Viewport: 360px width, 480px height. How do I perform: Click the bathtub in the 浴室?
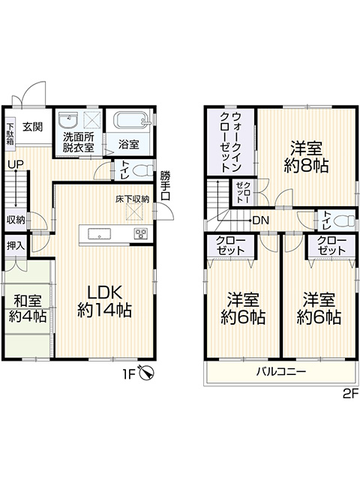point(132,121)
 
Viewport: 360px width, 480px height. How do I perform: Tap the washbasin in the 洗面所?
point(68,120)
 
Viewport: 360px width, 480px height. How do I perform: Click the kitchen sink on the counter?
point(100,234)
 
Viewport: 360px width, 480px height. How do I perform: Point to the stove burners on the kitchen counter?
point(141,234)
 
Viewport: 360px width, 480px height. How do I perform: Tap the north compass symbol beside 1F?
point(147,373)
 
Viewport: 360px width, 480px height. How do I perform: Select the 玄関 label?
point(32,127)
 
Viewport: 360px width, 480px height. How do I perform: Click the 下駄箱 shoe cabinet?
point(10,134)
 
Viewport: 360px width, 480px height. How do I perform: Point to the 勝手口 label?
point(165,185)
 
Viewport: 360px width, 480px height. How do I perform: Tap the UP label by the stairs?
point(16,165)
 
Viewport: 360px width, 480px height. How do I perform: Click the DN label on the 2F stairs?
point(260,220)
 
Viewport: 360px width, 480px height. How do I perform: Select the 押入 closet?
point(16,246)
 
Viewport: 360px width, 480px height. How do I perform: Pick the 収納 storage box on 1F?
point(16,220)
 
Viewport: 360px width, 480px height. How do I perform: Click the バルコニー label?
point(281,372)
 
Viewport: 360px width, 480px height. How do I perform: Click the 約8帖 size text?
point(307,166)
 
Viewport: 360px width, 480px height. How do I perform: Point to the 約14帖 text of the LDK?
point(105,310)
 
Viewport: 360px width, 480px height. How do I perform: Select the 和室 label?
point(28,301)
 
